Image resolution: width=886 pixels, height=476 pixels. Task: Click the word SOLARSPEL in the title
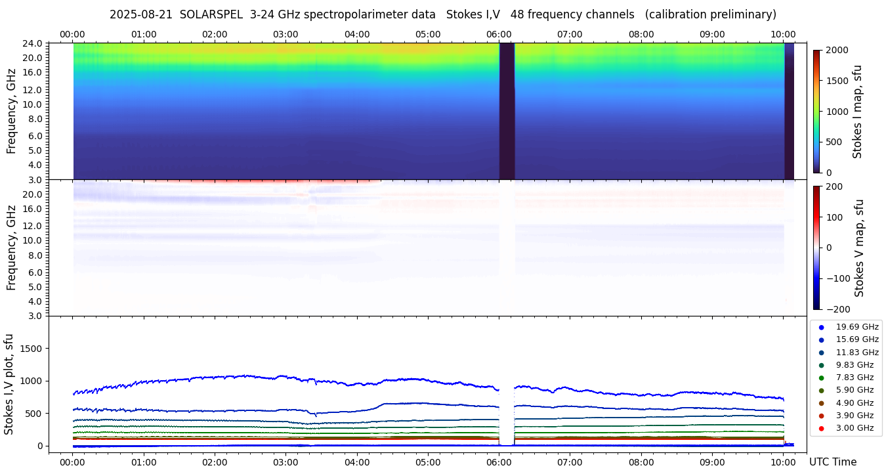click(x=211, y=14)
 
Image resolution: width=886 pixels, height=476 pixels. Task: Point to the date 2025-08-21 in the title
click(x=140, y=14)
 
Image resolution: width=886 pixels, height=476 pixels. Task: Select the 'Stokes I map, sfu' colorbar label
click(x=857, y=112)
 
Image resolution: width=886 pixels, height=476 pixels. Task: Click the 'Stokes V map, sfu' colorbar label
click(x=859, y=248)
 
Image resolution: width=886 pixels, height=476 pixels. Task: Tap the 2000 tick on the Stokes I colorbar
click(x=837, y=50)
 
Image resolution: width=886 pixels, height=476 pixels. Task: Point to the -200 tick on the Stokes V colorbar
click(x=838, y=309)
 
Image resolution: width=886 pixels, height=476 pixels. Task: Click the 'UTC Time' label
click(x=832, y=462)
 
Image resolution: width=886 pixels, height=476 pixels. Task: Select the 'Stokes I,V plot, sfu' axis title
click(x=9, y=383)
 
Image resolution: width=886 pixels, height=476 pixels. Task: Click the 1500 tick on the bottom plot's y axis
click(x=33, y=349)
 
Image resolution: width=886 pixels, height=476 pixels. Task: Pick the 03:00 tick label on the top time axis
click(x=285, y=34)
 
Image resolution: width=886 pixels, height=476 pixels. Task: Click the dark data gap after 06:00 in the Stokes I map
click(x=507, y=112)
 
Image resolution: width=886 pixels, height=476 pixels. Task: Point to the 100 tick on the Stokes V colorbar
click(x=835, y=217)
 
